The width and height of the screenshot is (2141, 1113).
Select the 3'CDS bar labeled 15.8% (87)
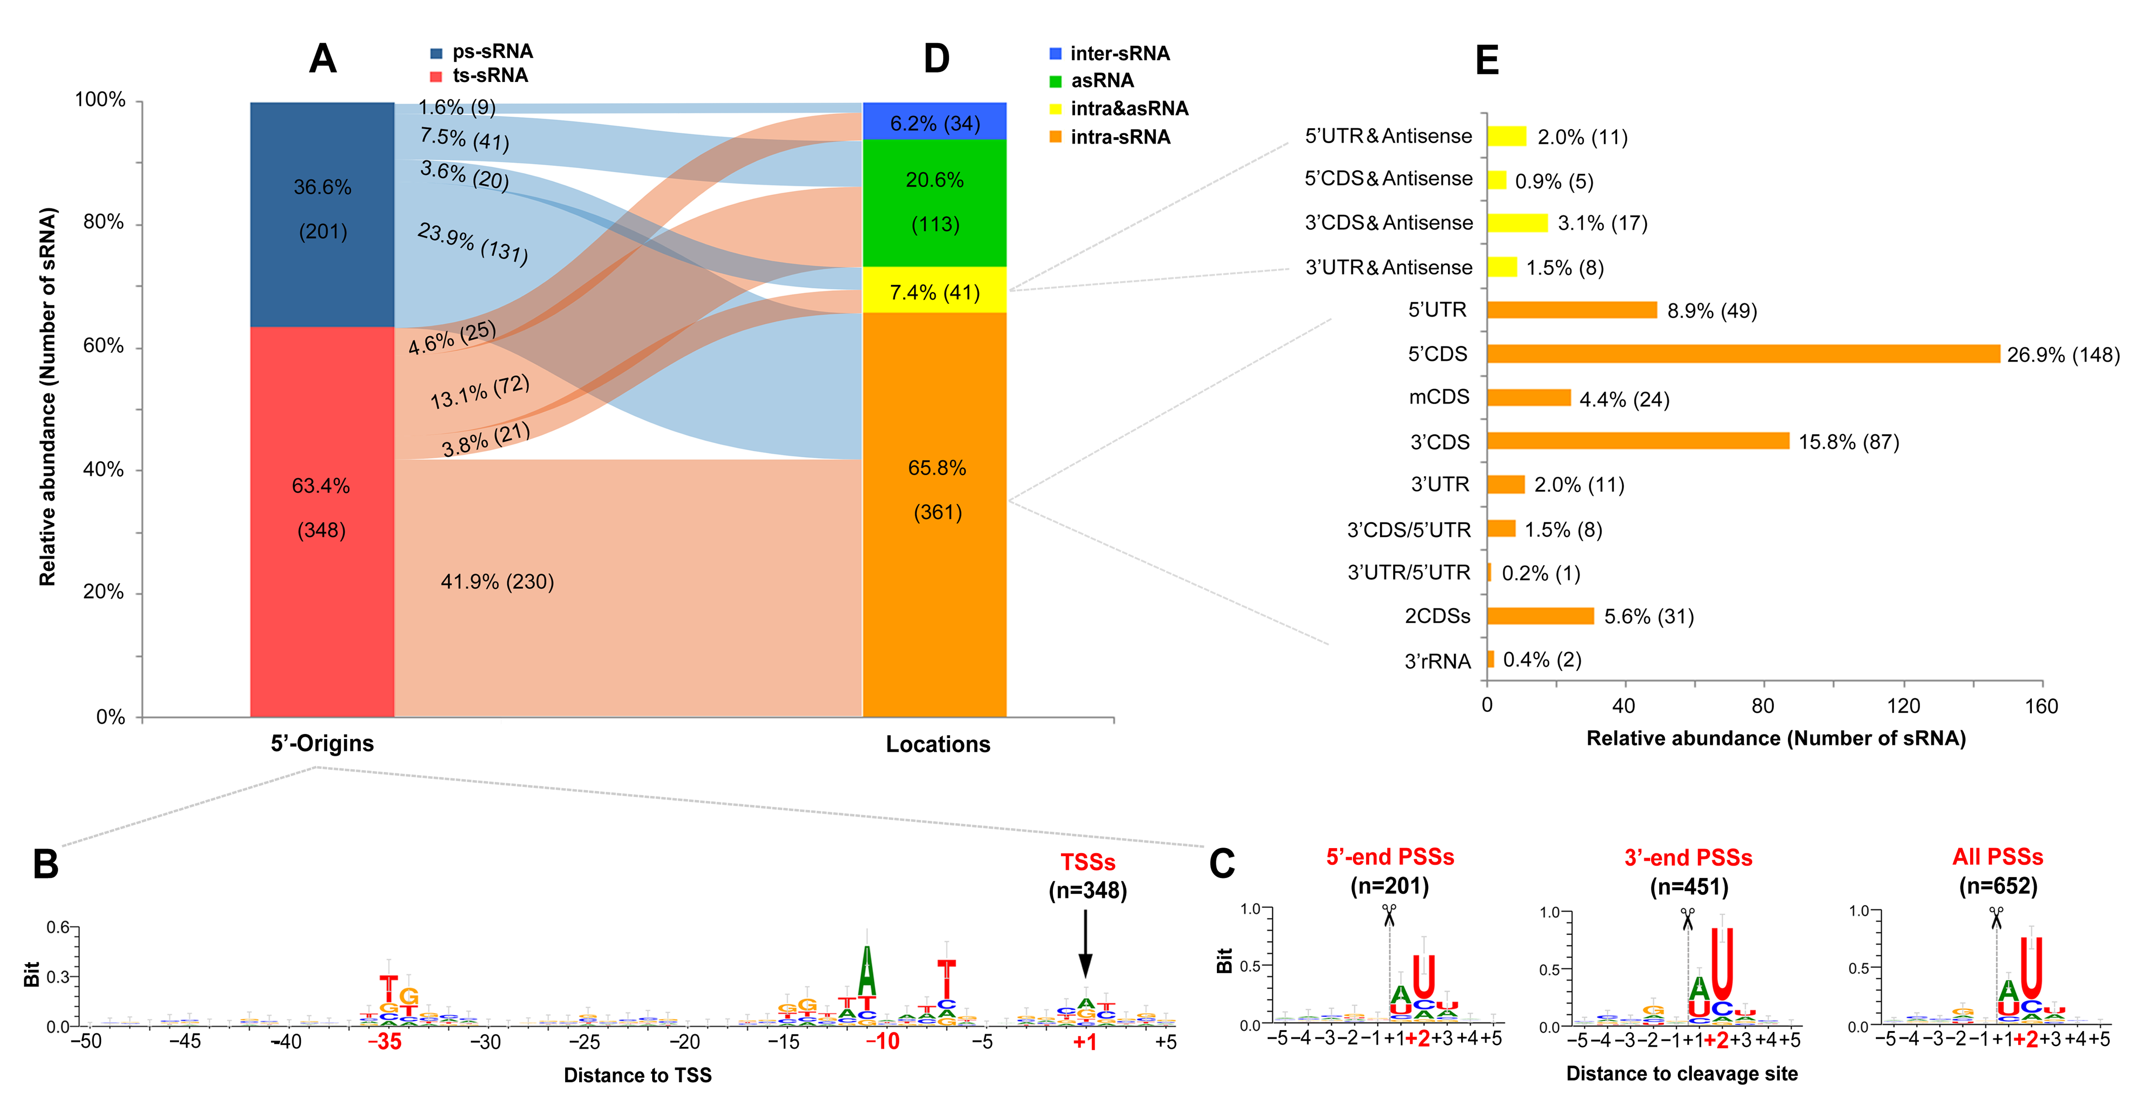1638,441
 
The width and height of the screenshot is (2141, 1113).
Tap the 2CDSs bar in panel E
1540,616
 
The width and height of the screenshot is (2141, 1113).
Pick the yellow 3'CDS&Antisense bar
1517,222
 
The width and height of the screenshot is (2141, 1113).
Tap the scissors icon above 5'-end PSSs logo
1389,914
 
